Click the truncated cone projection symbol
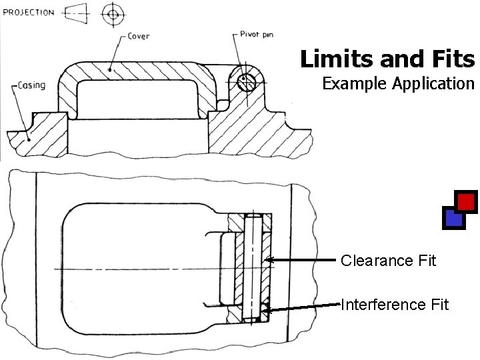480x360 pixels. click(80, 13)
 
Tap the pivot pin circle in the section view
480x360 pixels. click(246, 82)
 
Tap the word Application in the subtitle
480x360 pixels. click(433, 85)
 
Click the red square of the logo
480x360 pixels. click(467, 201)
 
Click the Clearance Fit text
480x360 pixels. click(388, 261)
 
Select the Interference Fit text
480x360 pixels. click(395, 305)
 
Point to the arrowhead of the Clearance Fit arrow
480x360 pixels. click(267, 259)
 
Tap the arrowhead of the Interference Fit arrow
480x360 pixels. click(265, 309)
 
